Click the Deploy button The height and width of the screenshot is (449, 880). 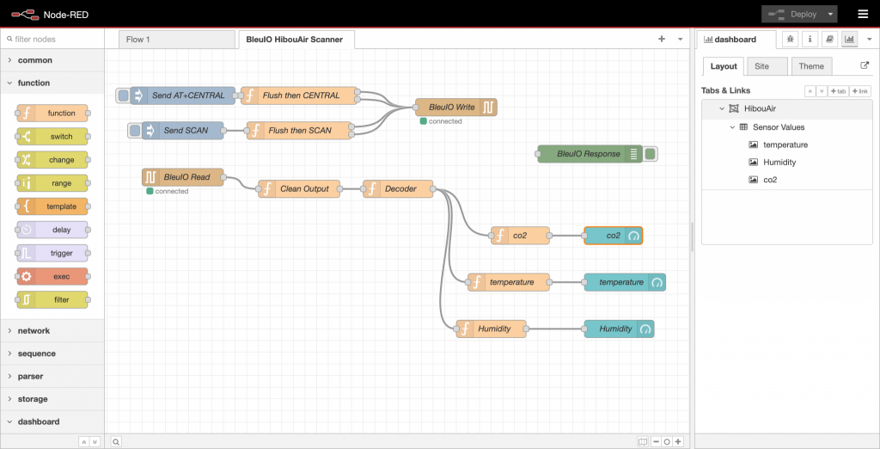[x=798, y=14]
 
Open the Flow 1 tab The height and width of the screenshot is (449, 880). [x=177, y=40]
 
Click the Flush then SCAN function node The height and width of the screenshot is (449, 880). [x=300, y=131]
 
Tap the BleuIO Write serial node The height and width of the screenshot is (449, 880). [x=455, y=108]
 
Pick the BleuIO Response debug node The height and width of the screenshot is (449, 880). [x=590, y=154]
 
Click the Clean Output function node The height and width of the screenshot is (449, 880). [x=299, y=189]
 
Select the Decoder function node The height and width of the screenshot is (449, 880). [x=398, y=189]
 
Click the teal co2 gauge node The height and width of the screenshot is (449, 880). [x=613, y=236]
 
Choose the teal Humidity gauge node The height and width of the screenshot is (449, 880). [x=619, y=329]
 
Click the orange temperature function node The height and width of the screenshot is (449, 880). [x=509, y=282]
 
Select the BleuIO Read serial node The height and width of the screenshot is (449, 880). [x=183, y=177]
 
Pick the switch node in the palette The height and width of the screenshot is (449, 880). [x=52, y=137]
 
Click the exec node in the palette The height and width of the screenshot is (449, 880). [x=52, y=276]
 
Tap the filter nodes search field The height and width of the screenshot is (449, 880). [x=52, y=40]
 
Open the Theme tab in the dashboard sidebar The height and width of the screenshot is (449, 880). [x=811, y=66]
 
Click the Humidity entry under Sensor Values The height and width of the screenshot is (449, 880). [x=779, y=163]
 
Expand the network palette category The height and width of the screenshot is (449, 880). [x=34, y=331]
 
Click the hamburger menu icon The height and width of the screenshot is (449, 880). [x=863, y=14]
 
